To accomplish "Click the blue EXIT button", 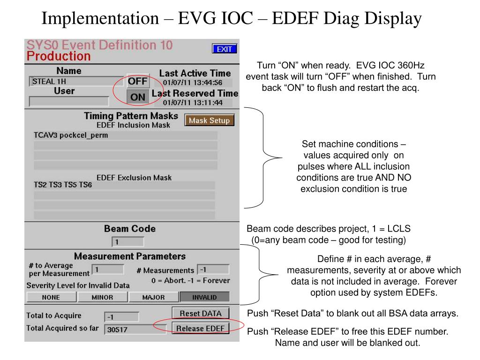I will [x=225, y=49].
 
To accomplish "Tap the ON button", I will [x=138, y=97].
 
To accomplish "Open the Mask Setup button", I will [x=209, y=120].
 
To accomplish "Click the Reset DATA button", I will [x=201, y=313].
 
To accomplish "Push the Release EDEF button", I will [x=201, y=328].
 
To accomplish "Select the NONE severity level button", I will [x=51, y=297].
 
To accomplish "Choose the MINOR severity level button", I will [x=102, y=297].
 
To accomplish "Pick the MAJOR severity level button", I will [x=153, y=297].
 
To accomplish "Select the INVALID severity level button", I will [x=204, y=297].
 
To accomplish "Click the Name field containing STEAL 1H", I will [x=76, y=82].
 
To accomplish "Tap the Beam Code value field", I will [x=127, y=242].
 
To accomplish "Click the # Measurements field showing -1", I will [x=213, y=270].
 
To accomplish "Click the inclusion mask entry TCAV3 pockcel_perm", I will [x=125, y=135].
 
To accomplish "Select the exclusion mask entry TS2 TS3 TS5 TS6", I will [x=124, y=185].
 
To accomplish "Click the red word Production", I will [x=59, y=57].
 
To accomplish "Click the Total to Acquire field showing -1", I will [x=121, y=316].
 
